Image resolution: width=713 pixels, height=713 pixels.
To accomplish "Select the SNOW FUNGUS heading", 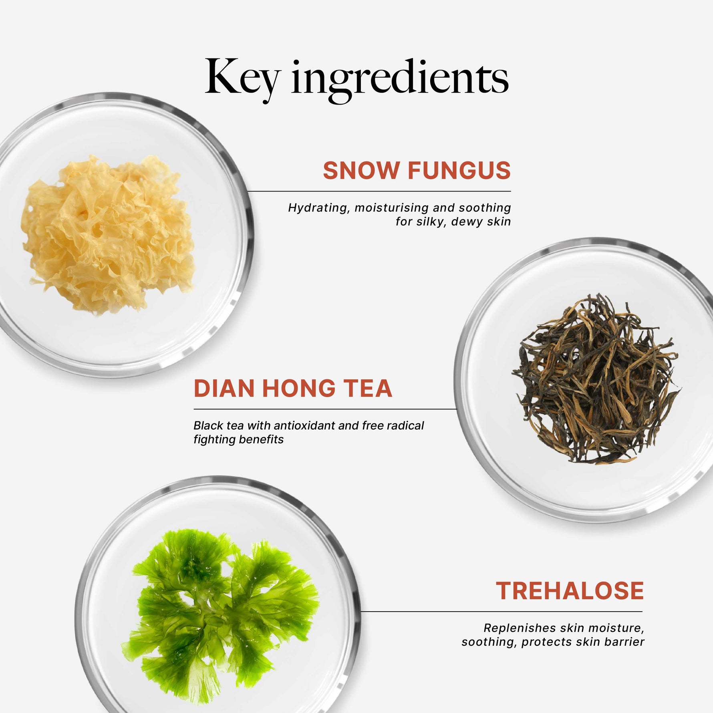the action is tap(417, 170).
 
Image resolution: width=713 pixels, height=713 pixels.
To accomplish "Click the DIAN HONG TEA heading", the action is tap(293, 388).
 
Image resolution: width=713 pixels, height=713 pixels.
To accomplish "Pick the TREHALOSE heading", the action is tap(570, 590).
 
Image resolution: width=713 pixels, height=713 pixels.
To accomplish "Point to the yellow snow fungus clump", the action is tap(108, 234).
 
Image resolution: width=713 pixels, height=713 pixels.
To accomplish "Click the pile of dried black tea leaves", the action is tap(596, 379).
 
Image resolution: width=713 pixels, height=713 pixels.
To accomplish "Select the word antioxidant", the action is tap(304, 425).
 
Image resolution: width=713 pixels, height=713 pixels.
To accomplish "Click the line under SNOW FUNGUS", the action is tap(379, 191).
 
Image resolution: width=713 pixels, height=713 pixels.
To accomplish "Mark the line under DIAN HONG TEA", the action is tap(325, 409).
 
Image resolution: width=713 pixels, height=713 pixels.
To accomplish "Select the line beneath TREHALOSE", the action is tap(502, 612).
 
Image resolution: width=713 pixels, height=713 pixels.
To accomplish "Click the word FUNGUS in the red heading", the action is tap(459, 170).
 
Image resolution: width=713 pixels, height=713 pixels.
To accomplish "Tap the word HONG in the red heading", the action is tap(299, 388).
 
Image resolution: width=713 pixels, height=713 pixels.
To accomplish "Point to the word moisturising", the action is tap(392, 208).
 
